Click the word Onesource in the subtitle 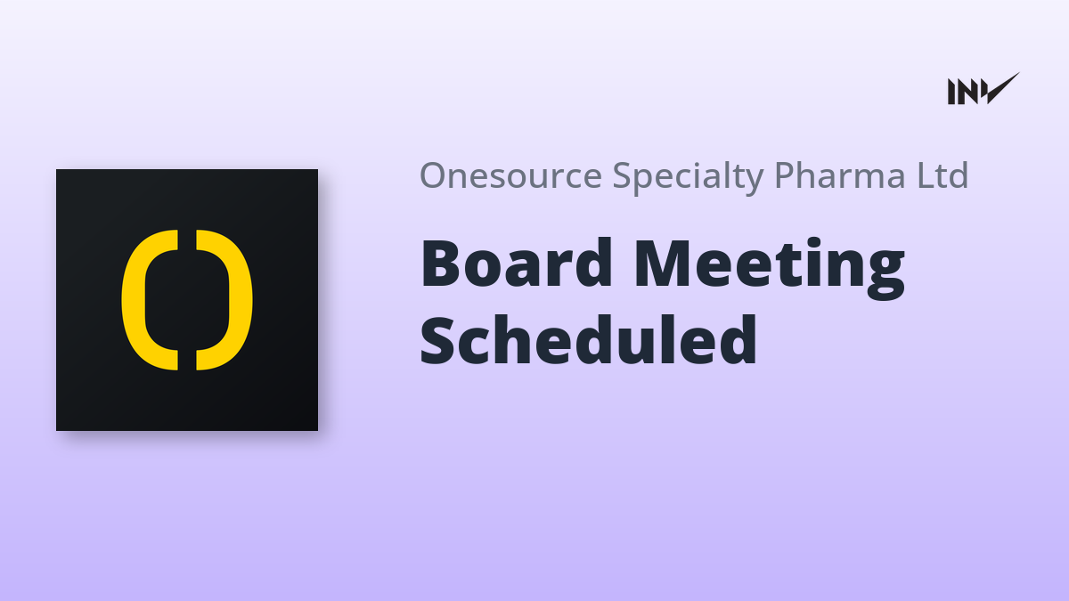(x=510, y=175)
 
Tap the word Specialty (x=688, y=177)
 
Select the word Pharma (x=839, y=175)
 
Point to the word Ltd (x=943, y=175)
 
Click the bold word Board (x=516, y=264)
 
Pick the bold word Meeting (x=770, y=269)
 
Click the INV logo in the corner (x=983, y=89)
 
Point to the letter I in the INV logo (x=951, y=92)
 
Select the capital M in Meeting (x=664, y=264)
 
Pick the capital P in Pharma (x=785, y=175)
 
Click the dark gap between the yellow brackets (x=187, y=300)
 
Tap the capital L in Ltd (x=925, y=175)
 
